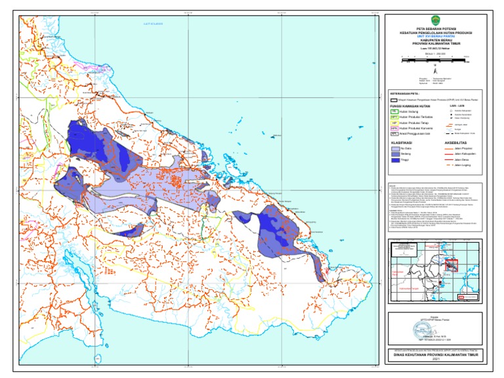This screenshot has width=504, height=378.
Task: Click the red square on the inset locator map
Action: [x=451, y=264]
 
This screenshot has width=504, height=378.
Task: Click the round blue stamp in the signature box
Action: [x=428, y=329]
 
